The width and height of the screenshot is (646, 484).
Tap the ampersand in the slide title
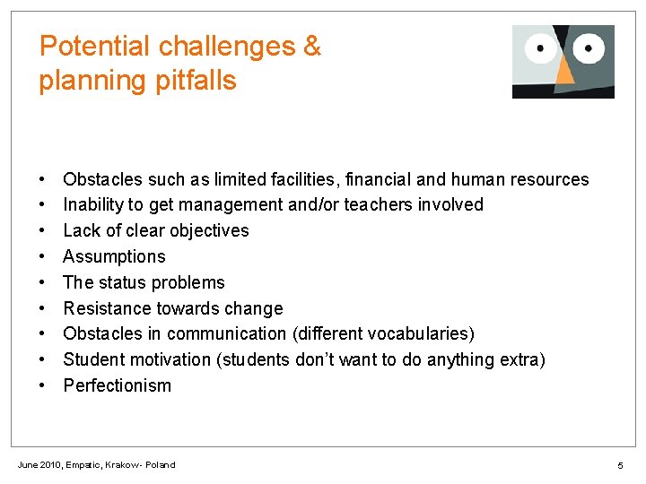[x=312, y=47]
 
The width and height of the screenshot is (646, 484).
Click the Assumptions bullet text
[x=114, y=256]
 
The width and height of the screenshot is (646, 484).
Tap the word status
[x=123, y=282]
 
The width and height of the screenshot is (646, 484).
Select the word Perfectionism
[x=117, y=385]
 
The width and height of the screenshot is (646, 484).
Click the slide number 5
[x=620, y=465]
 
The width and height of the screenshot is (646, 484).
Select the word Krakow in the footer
[x=121, y=464]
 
